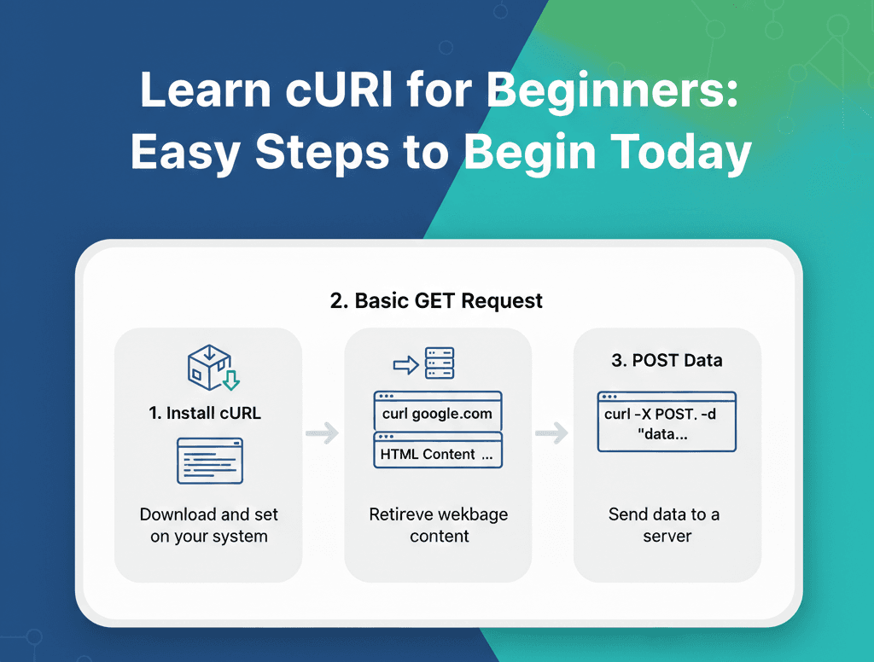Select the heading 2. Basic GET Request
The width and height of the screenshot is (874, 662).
(436, 300)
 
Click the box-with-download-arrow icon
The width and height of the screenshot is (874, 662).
(212, 368)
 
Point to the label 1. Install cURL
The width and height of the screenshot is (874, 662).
(205, 413)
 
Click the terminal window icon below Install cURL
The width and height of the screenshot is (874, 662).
(209, 461)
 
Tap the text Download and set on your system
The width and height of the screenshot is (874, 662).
(209, 526)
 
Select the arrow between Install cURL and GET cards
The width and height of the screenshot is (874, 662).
(322, 433)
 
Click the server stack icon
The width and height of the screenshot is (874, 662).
(440, 363)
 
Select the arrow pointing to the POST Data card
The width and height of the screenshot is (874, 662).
(551, 433)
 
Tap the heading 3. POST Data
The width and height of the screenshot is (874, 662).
(667, 360)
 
